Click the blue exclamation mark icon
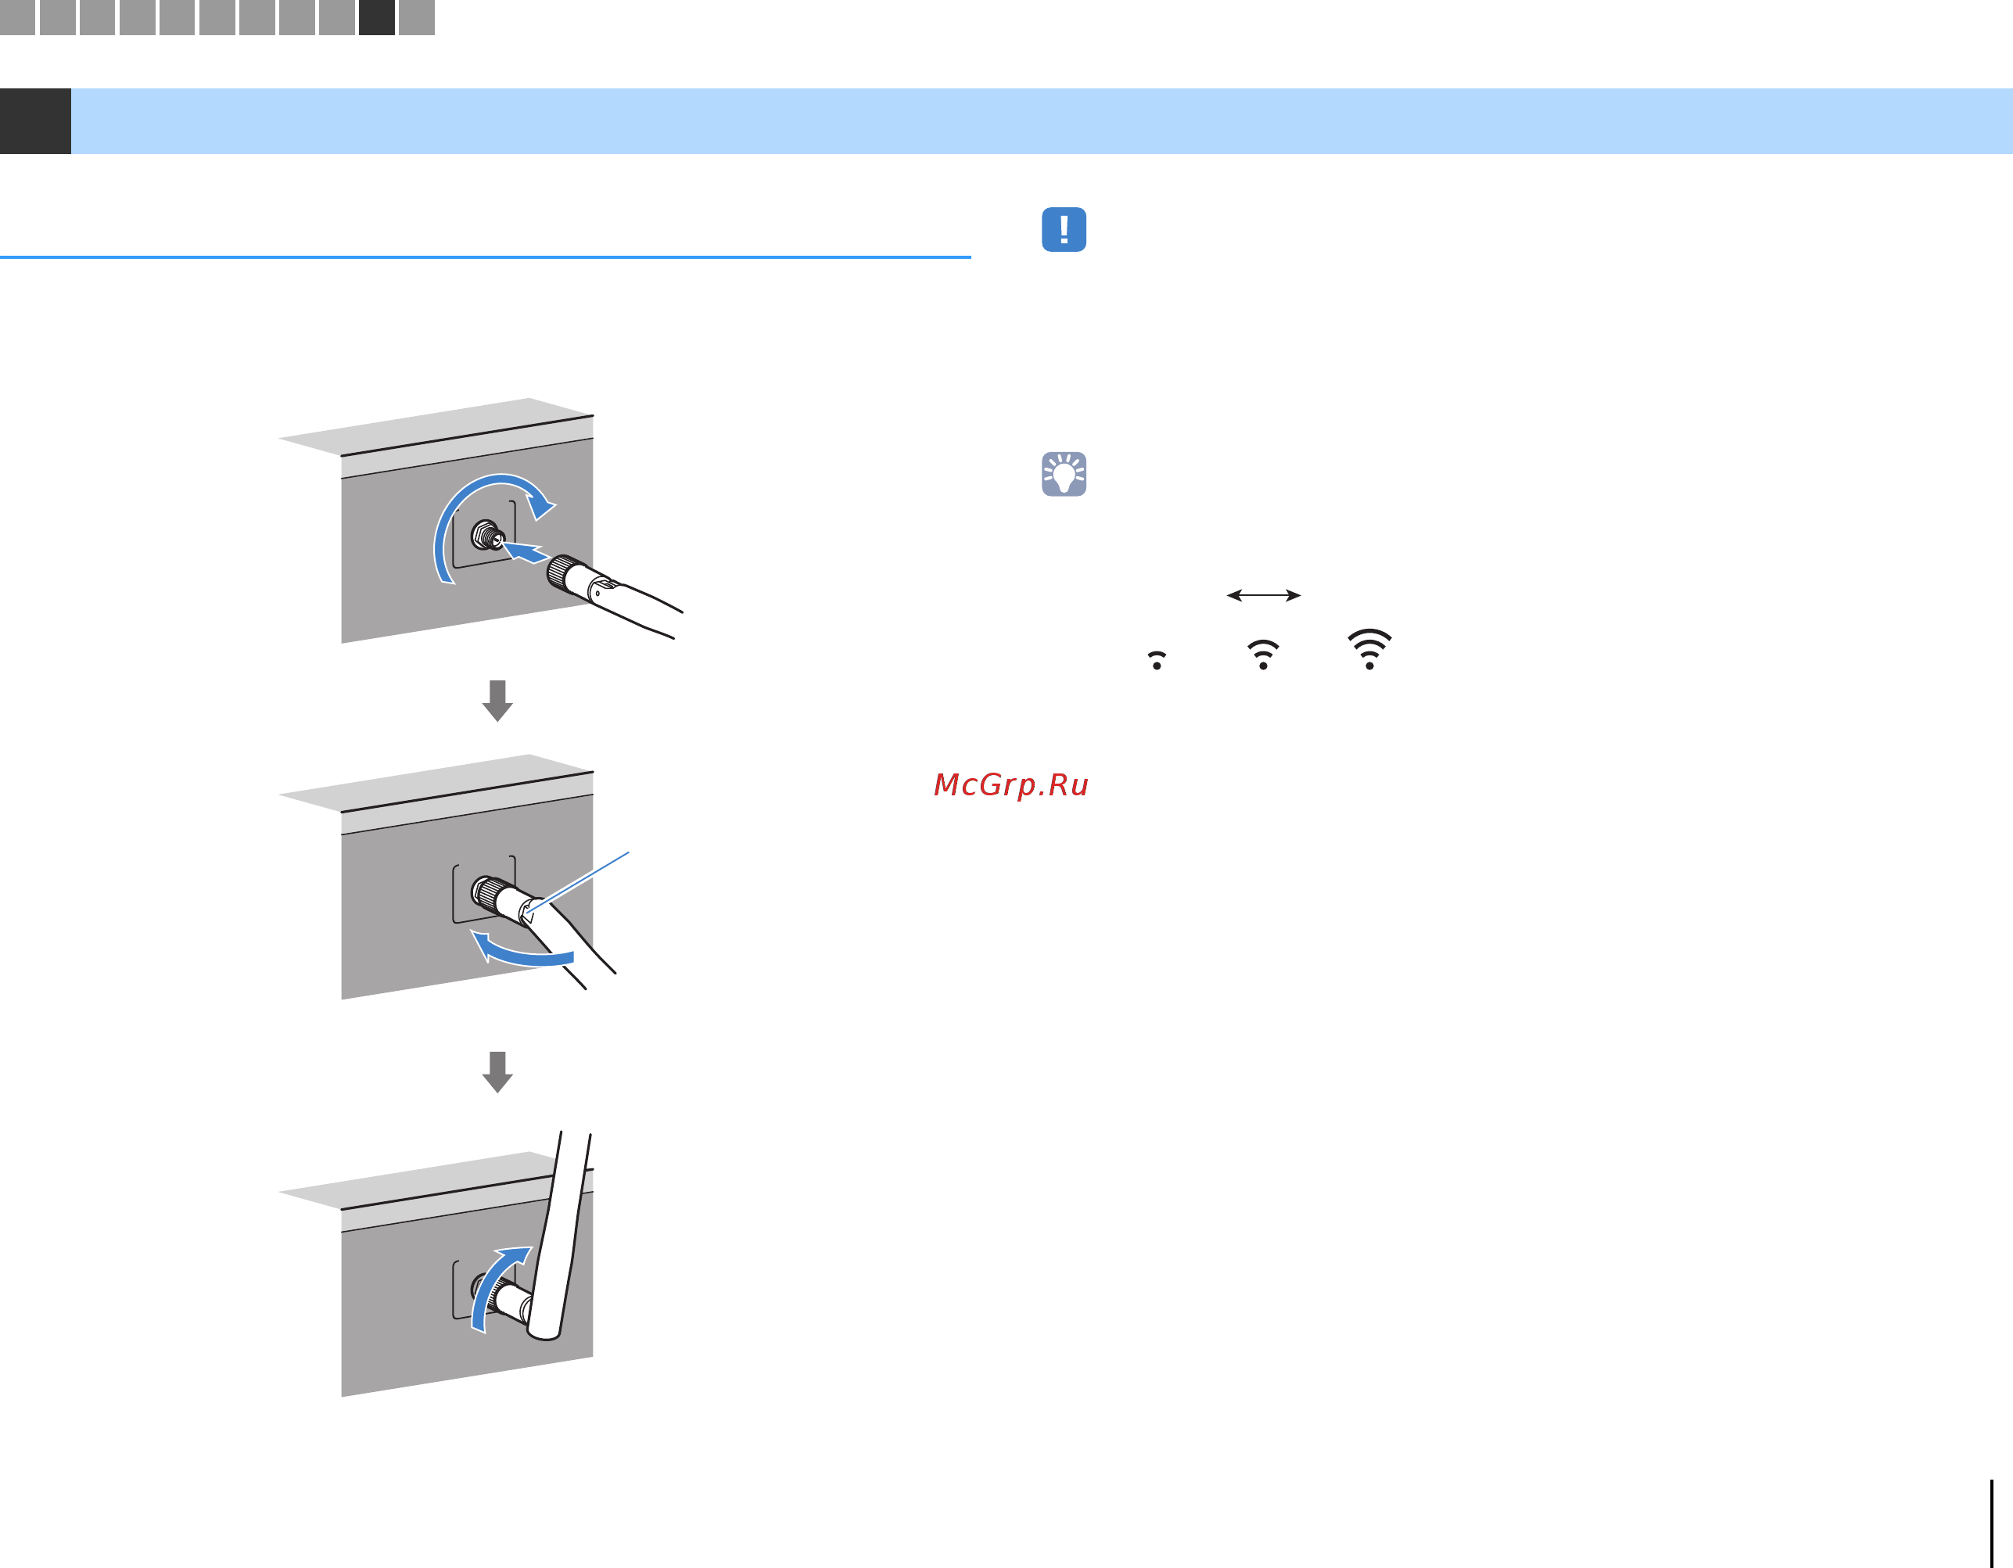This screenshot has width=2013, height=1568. (1064, 230)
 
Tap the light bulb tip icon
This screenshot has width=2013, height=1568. (1064, 474)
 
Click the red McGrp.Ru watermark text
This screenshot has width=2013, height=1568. (1011, 784)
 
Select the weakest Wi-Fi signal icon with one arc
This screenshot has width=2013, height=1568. (1157, 660)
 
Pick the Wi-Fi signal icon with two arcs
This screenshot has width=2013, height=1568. (1263, 655)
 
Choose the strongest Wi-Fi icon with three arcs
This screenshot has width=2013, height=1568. (1369, 649)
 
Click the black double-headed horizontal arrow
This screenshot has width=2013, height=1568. (1264, 595)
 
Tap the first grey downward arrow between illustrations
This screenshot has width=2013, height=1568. (497, 701)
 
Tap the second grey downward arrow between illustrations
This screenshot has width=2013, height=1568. (497, 1072)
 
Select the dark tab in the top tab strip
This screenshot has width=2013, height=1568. (377, 17)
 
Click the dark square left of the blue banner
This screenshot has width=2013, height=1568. (35, 120)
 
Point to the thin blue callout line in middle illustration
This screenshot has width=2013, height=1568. (577, 882)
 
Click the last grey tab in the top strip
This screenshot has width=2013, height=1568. (417, 17)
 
